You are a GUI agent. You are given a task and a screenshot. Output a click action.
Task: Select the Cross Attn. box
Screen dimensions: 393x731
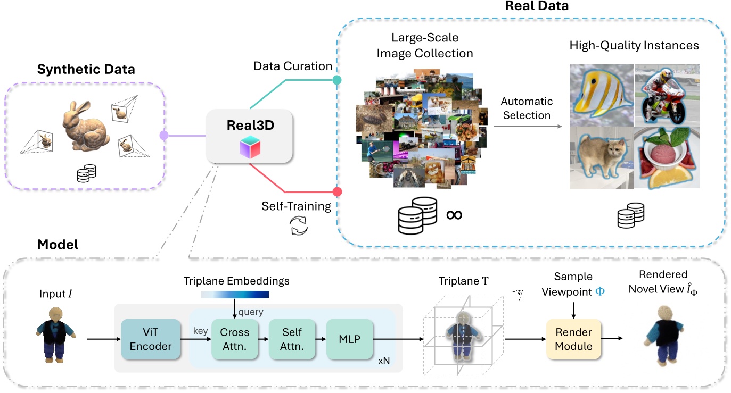[x=234, y=339]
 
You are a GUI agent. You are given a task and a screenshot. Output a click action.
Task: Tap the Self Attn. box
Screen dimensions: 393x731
[x=292, y=339]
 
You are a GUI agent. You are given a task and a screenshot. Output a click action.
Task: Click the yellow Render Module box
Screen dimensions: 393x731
[x=574, y=339]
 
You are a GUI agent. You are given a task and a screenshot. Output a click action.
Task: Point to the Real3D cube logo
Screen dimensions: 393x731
[x=250, y=146]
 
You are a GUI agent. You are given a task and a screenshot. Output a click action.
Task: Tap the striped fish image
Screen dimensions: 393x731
[x=601, y=95]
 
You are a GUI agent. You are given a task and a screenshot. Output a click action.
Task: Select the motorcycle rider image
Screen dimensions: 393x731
[x=666, y=95]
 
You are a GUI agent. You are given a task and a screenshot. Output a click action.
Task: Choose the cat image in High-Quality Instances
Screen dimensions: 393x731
[x=601, y=157]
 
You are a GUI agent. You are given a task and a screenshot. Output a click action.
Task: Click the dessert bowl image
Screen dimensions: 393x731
[x=666, y=157]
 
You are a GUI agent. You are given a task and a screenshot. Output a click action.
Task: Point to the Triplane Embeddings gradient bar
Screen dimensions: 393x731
[x=235, y=294]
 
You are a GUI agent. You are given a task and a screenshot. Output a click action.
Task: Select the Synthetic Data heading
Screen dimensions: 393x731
[x=86, y=69]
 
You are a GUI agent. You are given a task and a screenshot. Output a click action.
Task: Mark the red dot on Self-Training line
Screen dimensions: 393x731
[x=336, y=191]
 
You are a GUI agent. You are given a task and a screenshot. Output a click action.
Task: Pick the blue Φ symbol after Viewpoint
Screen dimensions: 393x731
[x=599, y=291]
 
